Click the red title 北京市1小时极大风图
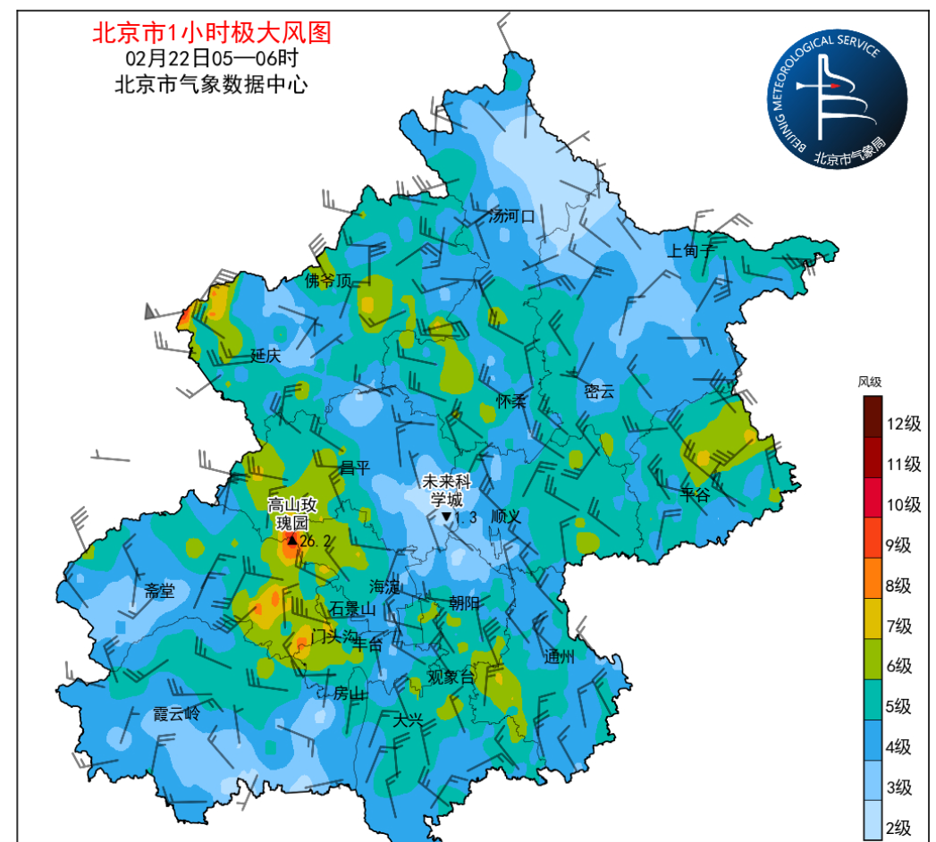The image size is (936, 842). (212, 33)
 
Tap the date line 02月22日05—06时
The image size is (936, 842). (212, 60)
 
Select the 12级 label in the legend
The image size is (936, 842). (903, 424)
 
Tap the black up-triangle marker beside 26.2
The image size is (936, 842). (291, 540)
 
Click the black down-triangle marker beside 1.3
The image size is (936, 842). (446, 518)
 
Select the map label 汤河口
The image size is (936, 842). (511, 215)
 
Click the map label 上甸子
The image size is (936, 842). (691, 251)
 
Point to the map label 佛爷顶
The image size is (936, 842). (328, 280)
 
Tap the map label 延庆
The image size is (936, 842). (266, 355)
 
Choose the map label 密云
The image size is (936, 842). (599, 391)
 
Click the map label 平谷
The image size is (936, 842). (696, 494)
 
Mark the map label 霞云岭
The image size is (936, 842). (176, 713)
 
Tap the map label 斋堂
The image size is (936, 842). (160, 590)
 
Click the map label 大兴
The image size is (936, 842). (408, 718)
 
